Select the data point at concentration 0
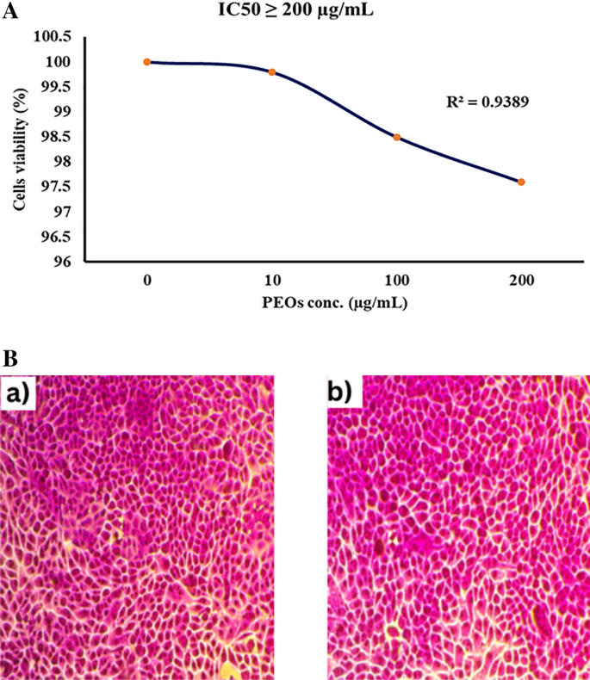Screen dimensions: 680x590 pos(147,62)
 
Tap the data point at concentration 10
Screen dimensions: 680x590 pos(272,72)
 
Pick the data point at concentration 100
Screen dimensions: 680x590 pos(397,137)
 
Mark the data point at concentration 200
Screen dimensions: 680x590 pos(522,182)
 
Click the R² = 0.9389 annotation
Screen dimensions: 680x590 pos(485,100)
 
